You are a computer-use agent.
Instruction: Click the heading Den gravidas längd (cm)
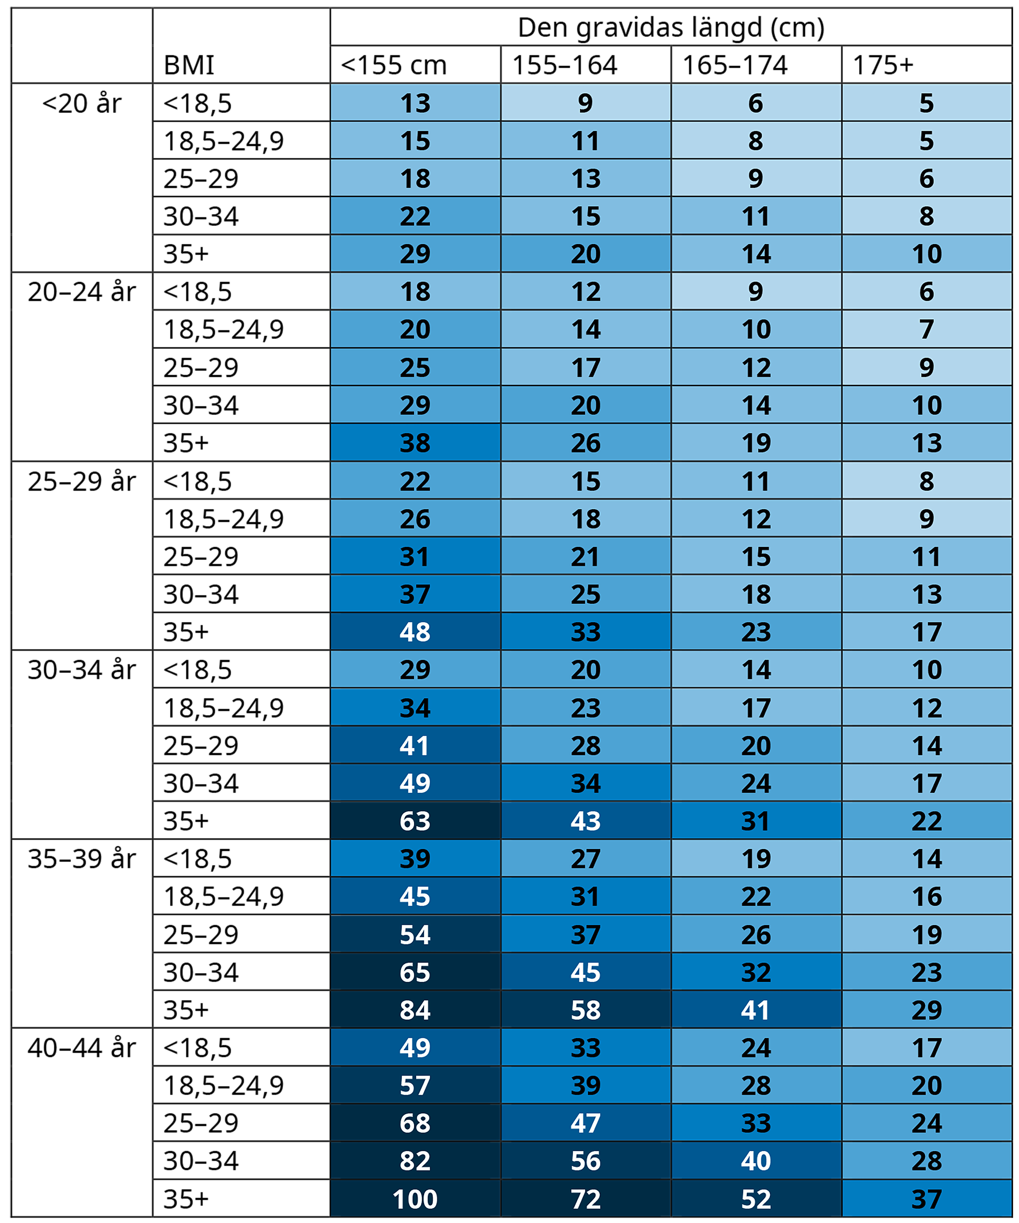tap(671, 28)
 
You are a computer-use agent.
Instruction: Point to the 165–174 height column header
tap(735, 65)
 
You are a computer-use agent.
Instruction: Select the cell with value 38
tap(415, 443)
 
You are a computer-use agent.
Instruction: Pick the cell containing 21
tap(586, 557)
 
